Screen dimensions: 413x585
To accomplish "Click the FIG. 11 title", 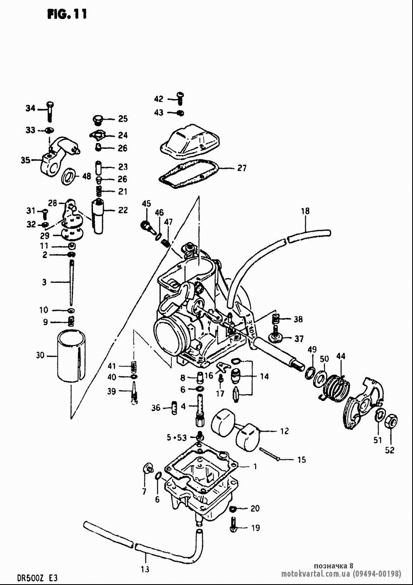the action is click(67, 14).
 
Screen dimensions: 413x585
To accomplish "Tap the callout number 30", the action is click(40, 355).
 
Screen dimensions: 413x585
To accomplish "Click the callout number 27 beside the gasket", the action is click(242, 168).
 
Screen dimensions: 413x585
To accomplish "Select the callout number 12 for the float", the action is click(285, 431).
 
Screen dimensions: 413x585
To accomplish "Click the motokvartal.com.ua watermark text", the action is click(316, 574).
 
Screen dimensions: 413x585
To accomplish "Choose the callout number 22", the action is click(123, 210).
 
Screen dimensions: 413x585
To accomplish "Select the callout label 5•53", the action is click(177, 437).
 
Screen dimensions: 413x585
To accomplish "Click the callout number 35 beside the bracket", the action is click(26, 160).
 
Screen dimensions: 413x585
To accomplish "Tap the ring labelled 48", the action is click(69, 177).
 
